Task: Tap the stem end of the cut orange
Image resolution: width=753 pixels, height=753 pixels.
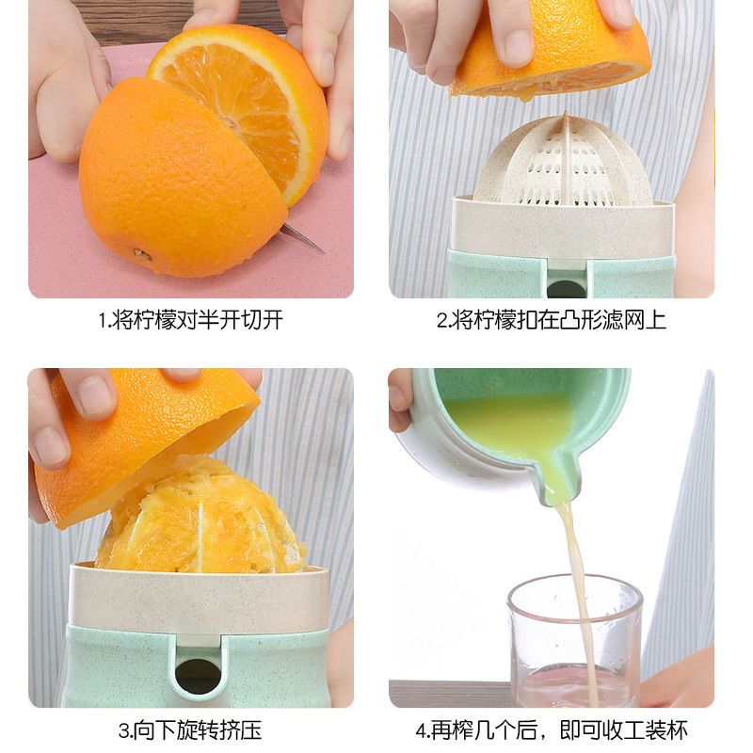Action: click(x=140, y=254)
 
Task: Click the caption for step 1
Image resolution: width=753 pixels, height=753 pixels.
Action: click(x=191, y=320)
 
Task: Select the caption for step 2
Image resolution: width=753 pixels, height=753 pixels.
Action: click(x=552, y=320)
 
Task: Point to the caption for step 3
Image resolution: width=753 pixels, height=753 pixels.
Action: click(x=191, y=730)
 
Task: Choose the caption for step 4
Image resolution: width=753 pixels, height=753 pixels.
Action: click(x=552, y=730)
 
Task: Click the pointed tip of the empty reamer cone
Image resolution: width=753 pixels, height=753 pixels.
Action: click(x=567, y=114)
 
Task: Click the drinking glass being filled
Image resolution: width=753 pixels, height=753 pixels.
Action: click(x=575, y=641)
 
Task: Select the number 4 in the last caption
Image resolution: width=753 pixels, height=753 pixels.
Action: click(x=421, y=731)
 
